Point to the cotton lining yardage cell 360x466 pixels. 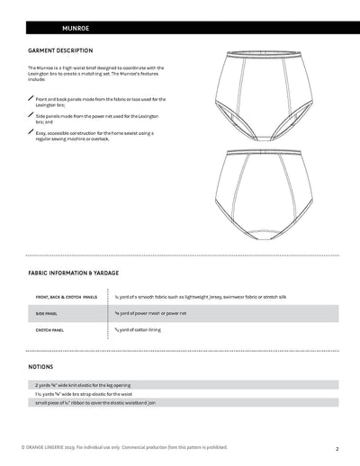pyautogui.click(x=144, y=331)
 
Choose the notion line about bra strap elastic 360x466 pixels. pyautogui.click(x=90, y=393)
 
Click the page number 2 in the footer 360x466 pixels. pyautogui.click(x=336, y=447)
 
